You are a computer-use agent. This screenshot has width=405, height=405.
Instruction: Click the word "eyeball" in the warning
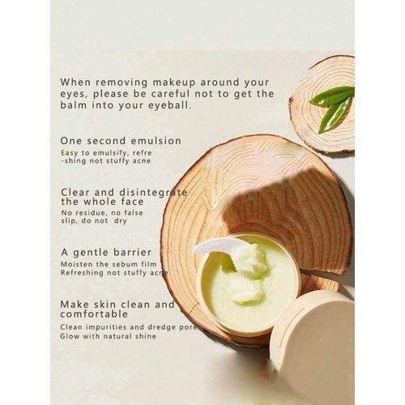pyautogui.click(x=170, y=105)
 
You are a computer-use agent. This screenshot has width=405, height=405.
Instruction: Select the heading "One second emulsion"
pyautogui.click(x=121, y=141)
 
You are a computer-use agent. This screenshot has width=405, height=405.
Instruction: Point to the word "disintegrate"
pyautogui.click(x=153, y=192)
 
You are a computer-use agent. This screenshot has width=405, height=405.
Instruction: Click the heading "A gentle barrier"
pyautogui.click(x=106, y=253)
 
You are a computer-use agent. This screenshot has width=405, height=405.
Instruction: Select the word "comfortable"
pyautogui.click(x=94, y=314)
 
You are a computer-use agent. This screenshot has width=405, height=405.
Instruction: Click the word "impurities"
pyautogui.click(x=106, y=327)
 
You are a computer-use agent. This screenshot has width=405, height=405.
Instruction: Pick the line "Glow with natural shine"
pyautogui.click(x=109, y=336)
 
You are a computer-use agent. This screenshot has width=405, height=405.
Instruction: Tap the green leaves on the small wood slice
pyautogui.click(x=332, y=107)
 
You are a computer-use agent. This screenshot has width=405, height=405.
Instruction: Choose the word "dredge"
pyautogui.click(x=162, y=327)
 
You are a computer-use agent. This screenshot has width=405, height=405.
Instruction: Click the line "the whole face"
pyautogui.click(x=102, y=202)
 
